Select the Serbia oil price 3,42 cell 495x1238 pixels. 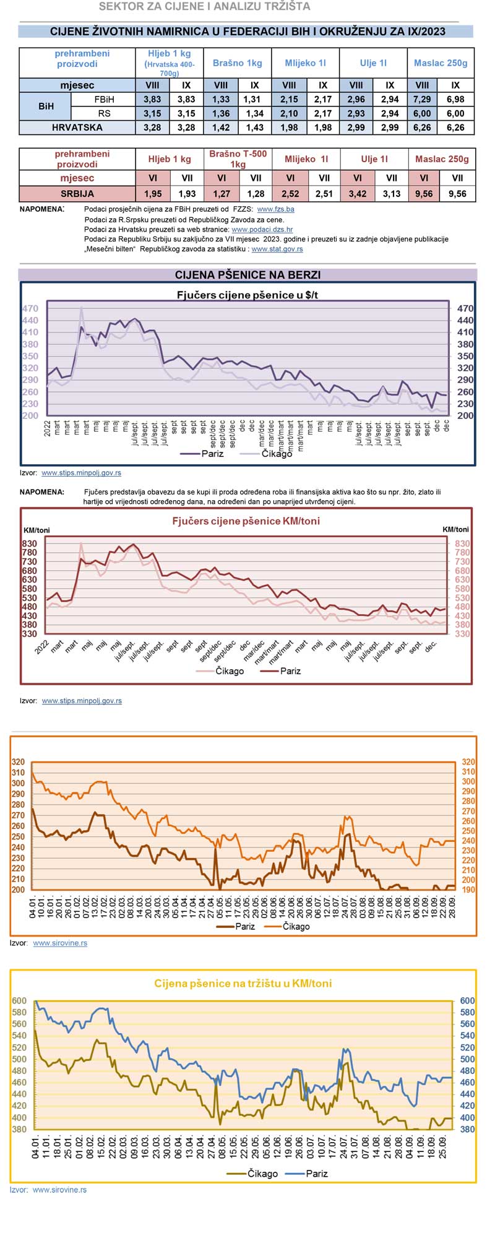tap(357, 194)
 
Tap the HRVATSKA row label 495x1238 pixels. tap(77, 128)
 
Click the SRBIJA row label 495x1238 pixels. tap(77, 194)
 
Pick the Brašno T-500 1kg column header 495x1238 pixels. tap(238, 159)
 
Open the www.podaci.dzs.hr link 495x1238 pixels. tap(262, 229)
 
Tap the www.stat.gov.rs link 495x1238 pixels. tap(277, 249)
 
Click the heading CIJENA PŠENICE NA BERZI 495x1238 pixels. tap(247, 275)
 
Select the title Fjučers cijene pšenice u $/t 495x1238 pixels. tap(247, 295)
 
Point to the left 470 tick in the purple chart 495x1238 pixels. tap(30, 309)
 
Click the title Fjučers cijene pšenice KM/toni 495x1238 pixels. tap(246, 521)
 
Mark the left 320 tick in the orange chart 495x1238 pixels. tap(19, 762)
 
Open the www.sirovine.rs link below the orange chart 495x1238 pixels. tap(60, 943)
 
